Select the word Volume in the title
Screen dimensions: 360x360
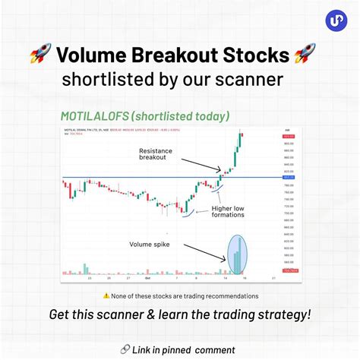click(x=94, y=55)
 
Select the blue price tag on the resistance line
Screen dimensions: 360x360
click(x=289, y=178)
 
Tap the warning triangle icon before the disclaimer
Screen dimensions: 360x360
click(x=106, y=295)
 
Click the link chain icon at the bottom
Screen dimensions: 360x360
click(x=125, y=348)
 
